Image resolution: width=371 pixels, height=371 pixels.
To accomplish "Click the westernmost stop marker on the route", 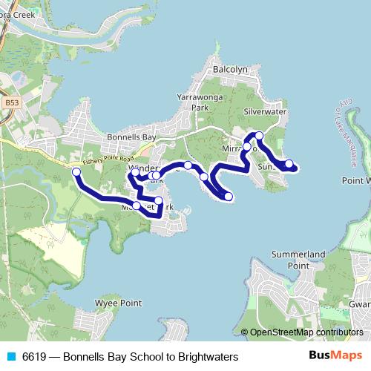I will point(76,172).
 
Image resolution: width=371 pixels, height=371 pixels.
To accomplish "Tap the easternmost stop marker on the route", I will point(289,164).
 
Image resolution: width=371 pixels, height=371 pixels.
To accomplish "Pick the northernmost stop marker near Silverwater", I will point(259,135).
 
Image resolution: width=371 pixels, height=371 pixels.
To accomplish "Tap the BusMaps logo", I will point(335,356).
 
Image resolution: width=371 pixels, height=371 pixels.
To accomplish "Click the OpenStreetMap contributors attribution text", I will point(306,332).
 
